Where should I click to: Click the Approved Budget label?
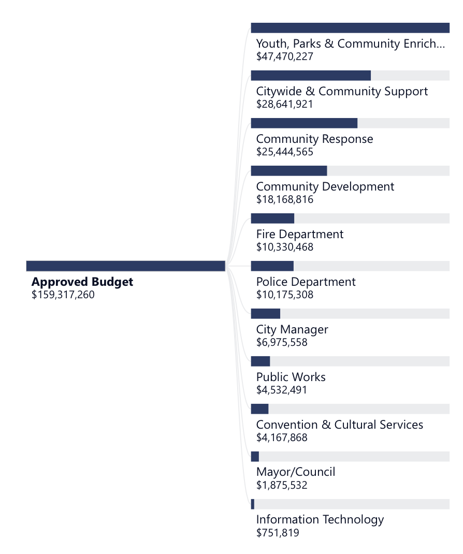coord(82,282)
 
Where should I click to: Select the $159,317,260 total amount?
coord(63,295)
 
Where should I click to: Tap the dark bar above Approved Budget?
coord(126,266)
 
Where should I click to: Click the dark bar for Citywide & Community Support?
coord(311,76)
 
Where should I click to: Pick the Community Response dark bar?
coord(304,123)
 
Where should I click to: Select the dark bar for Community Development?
coord(289,171)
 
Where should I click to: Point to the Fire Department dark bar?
coord(272,218)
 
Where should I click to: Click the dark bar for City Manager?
coord(266,314)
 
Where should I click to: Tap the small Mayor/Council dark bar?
coord(255,457)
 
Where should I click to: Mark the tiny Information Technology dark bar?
coord(253,504)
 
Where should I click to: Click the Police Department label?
coord(306,282)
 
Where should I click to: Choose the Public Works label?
coord(291,377)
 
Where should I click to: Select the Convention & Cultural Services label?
coord(340,425)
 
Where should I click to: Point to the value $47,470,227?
coord(285,56)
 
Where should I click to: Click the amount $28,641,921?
coord(285,104)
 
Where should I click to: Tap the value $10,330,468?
coord(285,247)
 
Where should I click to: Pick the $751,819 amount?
coord(278,533)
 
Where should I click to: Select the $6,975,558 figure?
coord(282,342)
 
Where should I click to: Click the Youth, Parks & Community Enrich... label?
coord(351,44)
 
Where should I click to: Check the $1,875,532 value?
coord(282,485)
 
